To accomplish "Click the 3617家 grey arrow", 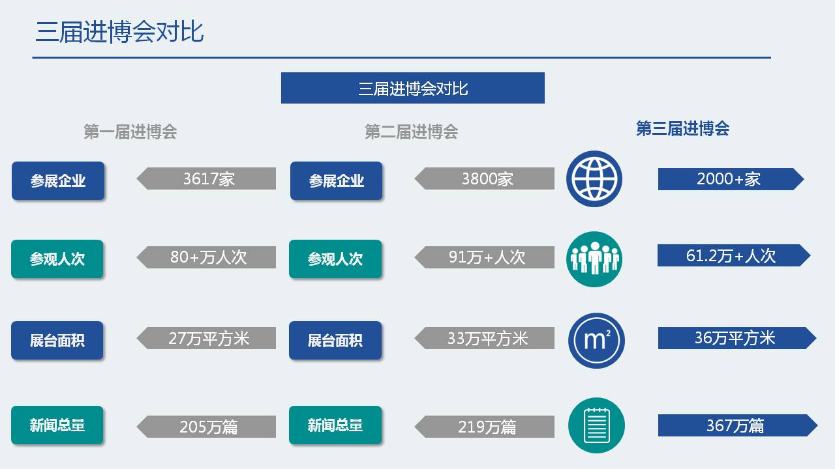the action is point(207,178).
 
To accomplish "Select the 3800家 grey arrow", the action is point(484,178).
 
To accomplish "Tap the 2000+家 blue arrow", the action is point(731,179).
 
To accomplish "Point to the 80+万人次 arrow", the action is point(207,257).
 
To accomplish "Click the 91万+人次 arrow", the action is point(484,257).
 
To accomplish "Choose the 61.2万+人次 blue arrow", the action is point(734,255).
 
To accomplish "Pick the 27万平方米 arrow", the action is point(207,338).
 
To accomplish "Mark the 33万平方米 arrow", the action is point(484,338).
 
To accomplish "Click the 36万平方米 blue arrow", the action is point(737,338).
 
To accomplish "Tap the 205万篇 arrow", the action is point(207,427).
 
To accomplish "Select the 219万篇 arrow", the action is point(484,427).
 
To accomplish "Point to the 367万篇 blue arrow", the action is point(738,425).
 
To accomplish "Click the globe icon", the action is point(594,178).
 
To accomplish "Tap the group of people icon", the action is point(594,259).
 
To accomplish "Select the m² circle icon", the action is point(596,341).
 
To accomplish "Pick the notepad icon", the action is point(596,425).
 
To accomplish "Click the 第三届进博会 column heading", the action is point(682,128).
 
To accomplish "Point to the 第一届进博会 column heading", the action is point(130,132).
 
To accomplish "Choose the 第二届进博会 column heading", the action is point(411,132).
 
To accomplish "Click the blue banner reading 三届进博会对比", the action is point(413,88).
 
